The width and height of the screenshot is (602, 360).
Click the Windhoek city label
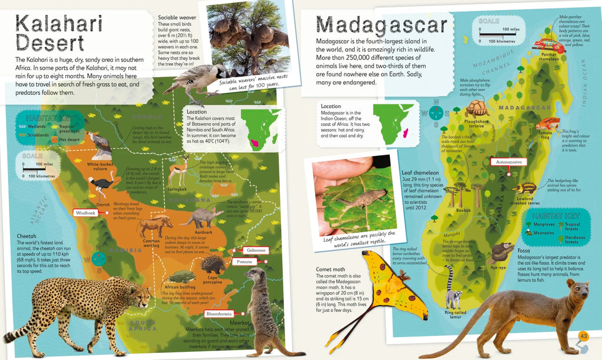[x=86, y=212]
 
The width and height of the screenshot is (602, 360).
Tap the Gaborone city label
[x=253, y=251]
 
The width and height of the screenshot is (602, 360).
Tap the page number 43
[x=583, y=336]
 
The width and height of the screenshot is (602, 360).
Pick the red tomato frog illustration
[x=549, y=125]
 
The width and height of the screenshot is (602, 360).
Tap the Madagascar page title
[x=382, y=25]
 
